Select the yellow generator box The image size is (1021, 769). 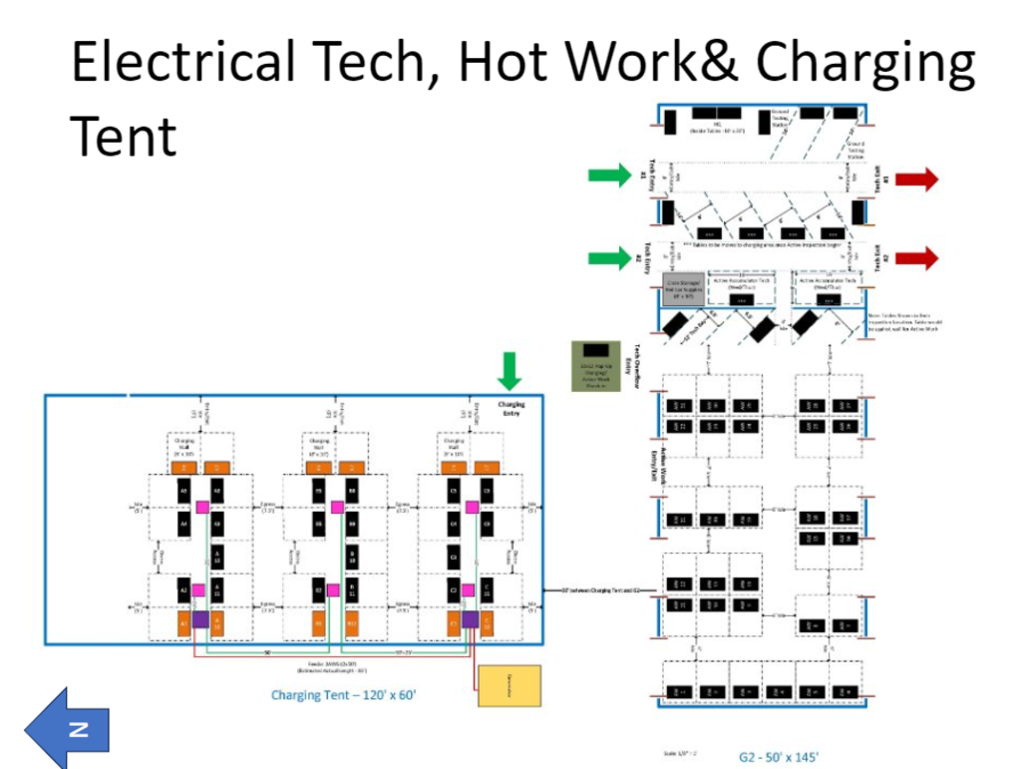click(x=510, y=686)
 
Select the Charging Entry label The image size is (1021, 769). click(x=510, y=408)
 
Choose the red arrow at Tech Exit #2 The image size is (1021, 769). click(x=915, y=258)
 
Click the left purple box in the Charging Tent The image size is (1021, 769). click(x=199, y=620)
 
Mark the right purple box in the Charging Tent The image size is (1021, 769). click(x=470, y=620)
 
